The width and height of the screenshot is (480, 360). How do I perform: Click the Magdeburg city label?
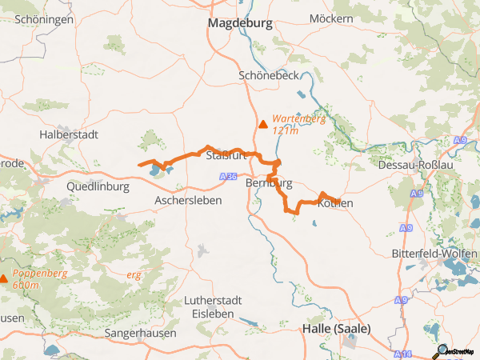click(240, 24)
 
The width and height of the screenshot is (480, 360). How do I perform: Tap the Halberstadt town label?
click(68, 135)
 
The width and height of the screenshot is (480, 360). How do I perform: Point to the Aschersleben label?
click(188, 200)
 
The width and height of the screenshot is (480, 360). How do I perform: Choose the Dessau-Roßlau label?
click(417, 166)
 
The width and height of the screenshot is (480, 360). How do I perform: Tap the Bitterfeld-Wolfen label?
click(434, 253)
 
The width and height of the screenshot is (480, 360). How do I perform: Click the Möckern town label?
click(331, 18)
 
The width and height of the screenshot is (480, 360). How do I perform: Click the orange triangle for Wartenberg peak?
click(262, 123)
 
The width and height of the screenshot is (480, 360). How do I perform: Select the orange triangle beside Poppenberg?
click(4, 278)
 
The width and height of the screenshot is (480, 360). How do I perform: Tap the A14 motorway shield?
click(405, 354)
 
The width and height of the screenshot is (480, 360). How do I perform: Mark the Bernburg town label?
click(270, 182)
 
